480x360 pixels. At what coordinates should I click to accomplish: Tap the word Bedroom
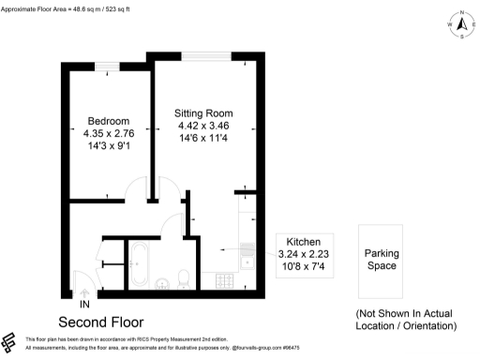[x=109, y=121]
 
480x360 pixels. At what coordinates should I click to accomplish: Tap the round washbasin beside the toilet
[x=161, y=280]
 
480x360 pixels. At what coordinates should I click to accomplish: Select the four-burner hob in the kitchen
[x=226, y=279]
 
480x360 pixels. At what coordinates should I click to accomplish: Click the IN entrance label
[x=85, y=305]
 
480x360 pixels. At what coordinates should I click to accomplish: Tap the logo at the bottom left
[x=10, y=341]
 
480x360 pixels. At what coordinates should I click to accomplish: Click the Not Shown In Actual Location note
[x=405, y=319]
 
